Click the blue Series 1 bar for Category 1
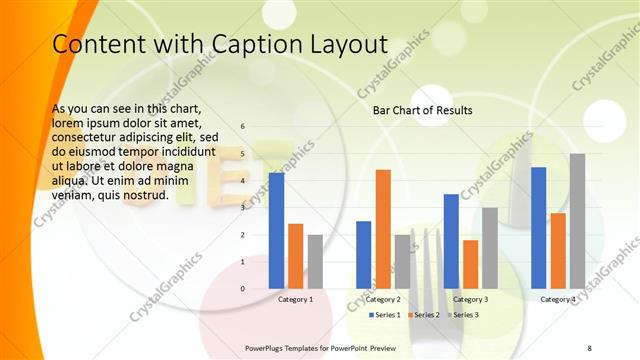click(x=276, y=231)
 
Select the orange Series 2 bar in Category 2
click(x=383, y=229)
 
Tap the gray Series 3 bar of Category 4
click(x=577, y=221)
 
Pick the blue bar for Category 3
click(x=451, y=241)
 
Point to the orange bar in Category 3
click(x=470, y=264)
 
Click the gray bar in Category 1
click(x=315, y=261)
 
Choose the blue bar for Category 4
click(x=539, y=228)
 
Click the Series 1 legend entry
click(x=386, y=315)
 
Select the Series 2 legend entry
click(x=424, y=315)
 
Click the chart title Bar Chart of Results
click(x=422, y=110)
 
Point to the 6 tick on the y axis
click(x=242, y=127)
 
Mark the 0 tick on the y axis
click(x=242, y=289)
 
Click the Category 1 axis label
click(x=295, y=299)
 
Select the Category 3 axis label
click(x=470, y=299)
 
